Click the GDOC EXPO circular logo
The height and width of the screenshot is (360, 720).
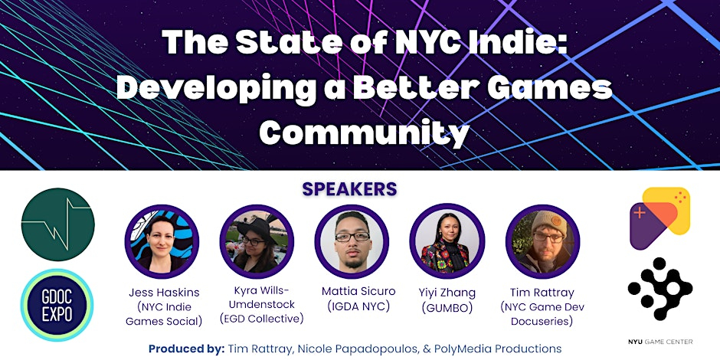[x=57, y=305]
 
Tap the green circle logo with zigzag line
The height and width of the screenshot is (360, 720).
[x=58, y=224]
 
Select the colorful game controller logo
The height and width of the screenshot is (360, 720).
[x=659, y=218]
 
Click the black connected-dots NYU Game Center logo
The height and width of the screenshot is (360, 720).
[x=659, y=289]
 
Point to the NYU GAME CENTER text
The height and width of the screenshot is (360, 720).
[x=660, y=341]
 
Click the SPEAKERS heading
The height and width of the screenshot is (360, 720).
[x=349, y=188]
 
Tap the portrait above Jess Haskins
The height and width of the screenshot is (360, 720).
[x=162, y=241]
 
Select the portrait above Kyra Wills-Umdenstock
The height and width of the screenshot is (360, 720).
[x=257, y=241]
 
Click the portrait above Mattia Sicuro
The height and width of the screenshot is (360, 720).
[x=352, y=241]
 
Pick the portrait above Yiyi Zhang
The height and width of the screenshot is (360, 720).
[x=447, y=241]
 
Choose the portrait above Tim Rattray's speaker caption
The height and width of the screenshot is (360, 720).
[x=543, y=241]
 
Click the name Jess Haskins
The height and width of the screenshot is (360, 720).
[x=164, y=293]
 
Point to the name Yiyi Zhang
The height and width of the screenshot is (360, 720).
[x=447, y=293]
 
